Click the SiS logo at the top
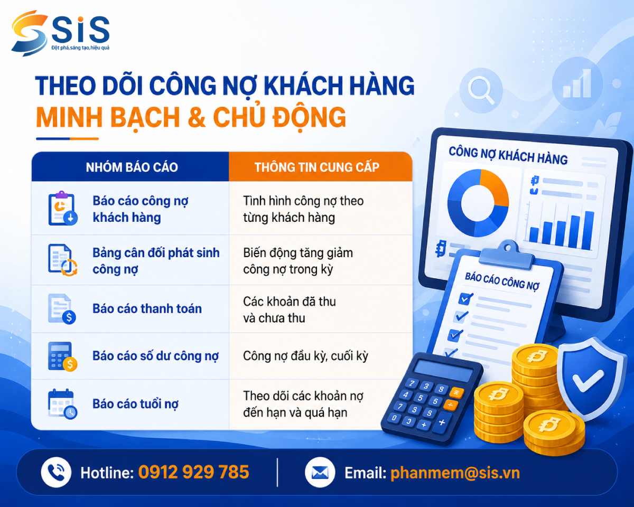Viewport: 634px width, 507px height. tap(60, 33)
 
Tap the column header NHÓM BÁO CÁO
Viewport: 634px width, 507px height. tap(132, 167)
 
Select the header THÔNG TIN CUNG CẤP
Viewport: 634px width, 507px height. tap(316, 167)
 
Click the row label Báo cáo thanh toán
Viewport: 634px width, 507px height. tap(147, 309)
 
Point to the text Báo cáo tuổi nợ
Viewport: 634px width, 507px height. tap(136, 404)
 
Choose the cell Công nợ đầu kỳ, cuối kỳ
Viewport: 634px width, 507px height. tap(305, 356)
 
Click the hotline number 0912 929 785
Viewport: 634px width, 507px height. tap(193, 472)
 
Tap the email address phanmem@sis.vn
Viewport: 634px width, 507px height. tap(455, 473)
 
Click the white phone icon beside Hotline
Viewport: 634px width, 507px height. tap(56, 472)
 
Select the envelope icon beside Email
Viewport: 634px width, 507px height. tap(320, 472)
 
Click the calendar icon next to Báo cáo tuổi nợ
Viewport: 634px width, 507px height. tap(62, 403)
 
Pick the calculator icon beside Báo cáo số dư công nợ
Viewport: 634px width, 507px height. tap(62, 356)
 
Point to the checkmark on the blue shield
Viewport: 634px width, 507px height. tap(588, 381)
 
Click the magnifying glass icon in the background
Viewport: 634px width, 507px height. tap(481, 90)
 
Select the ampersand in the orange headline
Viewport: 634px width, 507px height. tap(196, 117)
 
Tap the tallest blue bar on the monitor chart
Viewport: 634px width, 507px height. tap(589, 230)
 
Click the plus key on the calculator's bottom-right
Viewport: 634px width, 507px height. tap(442, 422)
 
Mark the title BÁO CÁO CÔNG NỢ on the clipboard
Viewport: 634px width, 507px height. tap(502, 281)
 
